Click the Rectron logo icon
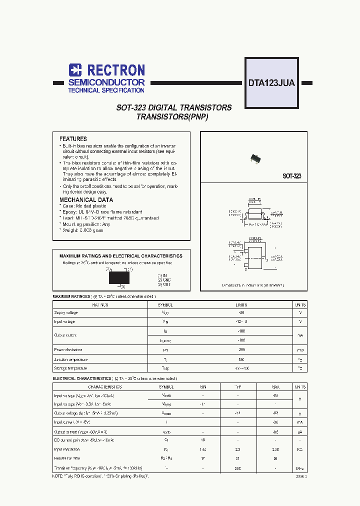[75, 70]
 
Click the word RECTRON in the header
[115, 70]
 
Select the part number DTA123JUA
[271, 83]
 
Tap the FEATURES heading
[73, 139]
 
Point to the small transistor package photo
[255, 158]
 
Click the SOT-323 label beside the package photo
[291, 176]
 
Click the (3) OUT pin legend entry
[164, 284]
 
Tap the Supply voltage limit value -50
[241, 312]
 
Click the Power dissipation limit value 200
[241, 350]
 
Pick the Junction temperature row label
[70, 359]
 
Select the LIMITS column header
[241, 304]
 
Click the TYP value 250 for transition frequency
[238, 468]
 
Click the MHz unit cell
[300, 468]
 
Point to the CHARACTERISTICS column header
[105, 387]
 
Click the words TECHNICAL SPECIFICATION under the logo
[106, 90]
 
